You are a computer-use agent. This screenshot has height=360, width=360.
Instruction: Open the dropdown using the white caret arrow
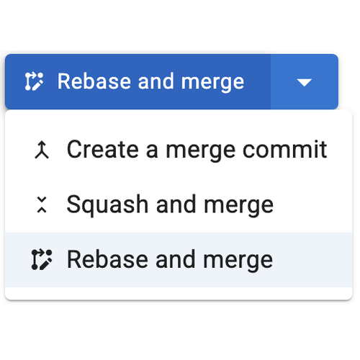click(305, 82)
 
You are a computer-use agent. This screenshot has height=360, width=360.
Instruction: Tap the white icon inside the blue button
click(34, 81)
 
